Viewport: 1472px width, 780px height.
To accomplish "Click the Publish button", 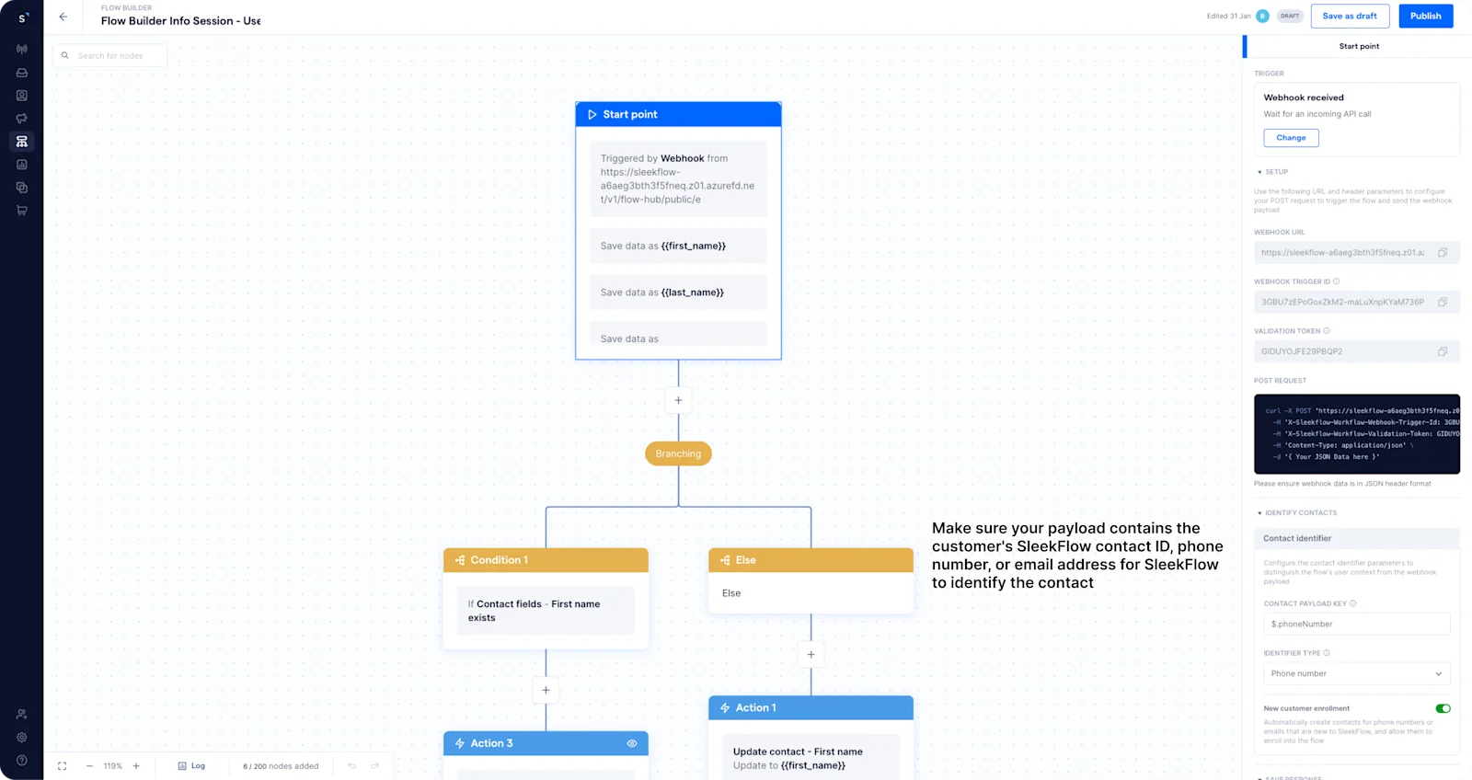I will [1425, 16].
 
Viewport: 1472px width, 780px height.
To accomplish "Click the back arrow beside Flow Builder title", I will [63, 17].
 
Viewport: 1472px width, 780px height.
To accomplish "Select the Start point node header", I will [678, 114].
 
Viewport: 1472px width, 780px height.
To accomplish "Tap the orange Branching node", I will [678, 453].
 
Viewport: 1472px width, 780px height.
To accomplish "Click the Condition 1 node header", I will [546, 560].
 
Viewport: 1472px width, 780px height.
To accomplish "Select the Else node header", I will [811, 560].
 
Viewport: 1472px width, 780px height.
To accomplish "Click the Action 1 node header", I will [811, 707].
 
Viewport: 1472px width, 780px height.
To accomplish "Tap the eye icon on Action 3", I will [632, 743].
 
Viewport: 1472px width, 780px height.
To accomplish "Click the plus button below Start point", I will [678, 400].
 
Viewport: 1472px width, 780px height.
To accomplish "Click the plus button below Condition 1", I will [546, 690].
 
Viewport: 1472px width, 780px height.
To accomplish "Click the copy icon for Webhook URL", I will [1443, 252].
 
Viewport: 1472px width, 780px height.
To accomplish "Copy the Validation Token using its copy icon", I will [1443, 351].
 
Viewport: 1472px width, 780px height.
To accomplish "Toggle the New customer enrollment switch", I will [1443, 708].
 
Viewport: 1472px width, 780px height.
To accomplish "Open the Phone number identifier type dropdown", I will [1356, 673].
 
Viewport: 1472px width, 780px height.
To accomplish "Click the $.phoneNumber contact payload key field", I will [1356, 624].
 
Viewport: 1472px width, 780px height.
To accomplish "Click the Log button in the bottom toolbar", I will [191, 765].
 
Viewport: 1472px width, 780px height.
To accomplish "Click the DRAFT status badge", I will [1290, 16].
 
